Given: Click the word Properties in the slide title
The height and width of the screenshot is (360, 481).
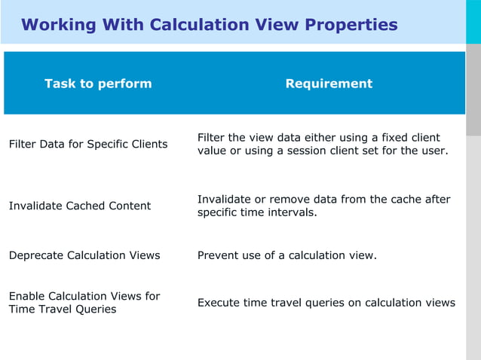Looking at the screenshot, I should click(x=351, y=25).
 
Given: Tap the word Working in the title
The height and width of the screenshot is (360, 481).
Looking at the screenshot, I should click(x=59, y=25).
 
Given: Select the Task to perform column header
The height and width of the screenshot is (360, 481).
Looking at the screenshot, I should click(x=98, y=84).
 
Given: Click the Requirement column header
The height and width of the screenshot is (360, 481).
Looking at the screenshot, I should click(x=329, y=84).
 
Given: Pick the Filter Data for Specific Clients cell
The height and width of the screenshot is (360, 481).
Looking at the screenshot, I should click(x=88, y=144).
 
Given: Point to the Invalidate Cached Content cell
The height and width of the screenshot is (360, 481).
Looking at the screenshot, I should click(x=80, y=206).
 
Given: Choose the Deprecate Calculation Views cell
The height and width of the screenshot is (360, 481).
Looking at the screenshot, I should click(x=84, y=255).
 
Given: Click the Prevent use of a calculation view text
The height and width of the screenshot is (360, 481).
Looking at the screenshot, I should click(x=286, y=255).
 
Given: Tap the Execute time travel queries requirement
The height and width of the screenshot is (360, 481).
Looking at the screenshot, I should click(x=326, y=303).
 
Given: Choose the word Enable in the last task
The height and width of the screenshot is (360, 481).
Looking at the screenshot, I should click(x=26, y=296).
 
